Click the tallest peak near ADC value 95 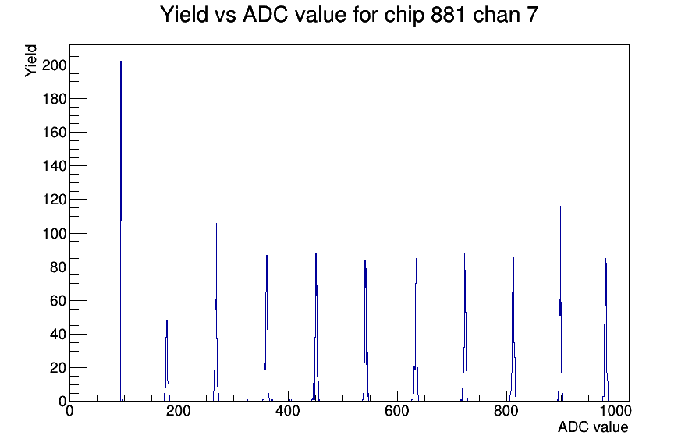[x=121, y=231]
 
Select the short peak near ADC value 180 [x=167, y=361]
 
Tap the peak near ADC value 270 [x=216, y=312]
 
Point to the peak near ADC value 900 [x=560, y=303]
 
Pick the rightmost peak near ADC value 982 [x=605, y=330]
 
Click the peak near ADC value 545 [x=366, y=331]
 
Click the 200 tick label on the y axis [x=54, y=65]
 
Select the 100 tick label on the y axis [x=54, y=233]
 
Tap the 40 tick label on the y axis [x=58, y=334]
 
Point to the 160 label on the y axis [x=54, y=133]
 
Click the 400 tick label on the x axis [x=288, y=411]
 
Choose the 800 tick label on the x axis [x=506, y=411]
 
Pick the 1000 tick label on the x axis [x=616, y=411]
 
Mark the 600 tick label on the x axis [x=397, y=411]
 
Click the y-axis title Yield [x=30, y=61]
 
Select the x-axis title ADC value [x=593, y=427]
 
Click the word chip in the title [x=404, y=15]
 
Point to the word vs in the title [x=225, y=15]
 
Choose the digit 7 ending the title [x=533, y=14]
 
